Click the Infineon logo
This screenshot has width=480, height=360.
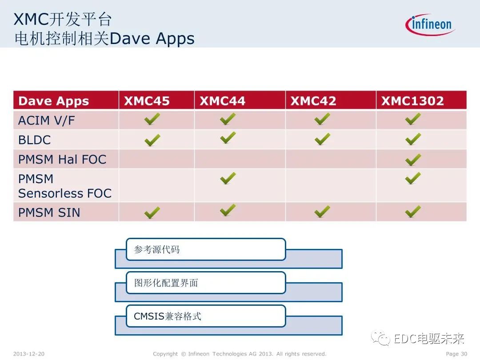[430, 24]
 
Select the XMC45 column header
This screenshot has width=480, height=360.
[147, 101]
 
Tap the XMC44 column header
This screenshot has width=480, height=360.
[222, 101]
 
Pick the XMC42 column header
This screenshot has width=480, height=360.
[313, 101]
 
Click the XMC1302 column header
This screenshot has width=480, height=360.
[412, 101]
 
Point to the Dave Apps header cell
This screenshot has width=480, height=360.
[53, 101]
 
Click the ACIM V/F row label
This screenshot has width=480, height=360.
[47, 120]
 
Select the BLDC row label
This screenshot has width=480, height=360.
[35, 140]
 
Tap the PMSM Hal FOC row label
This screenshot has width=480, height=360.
[62, 159]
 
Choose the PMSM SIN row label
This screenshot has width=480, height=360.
[49, 212]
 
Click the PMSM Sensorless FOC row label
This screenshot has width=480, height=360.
[64, 186]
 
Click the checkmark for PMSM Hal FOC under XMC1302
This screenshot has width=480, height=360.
[413, 159]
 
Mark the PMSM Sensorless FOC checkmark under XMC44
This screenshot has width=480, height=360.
[228, 178]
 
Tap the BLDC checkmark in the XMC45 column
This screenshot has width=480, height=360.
[152, 140]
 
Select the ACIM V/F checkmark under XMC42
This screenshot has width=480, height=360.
[322, 119]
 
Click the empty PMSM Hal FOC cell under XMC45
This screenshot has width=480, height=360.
[156, 159]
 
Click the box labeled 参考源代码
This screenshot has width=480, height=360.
[205, 249]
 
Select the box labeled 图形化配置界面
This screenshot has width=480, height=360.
[205, 283]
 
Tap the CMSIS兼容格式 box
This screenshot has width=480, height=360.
[205, 316]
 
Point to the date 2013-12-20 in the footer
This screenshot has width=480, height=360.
[29, 354]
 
